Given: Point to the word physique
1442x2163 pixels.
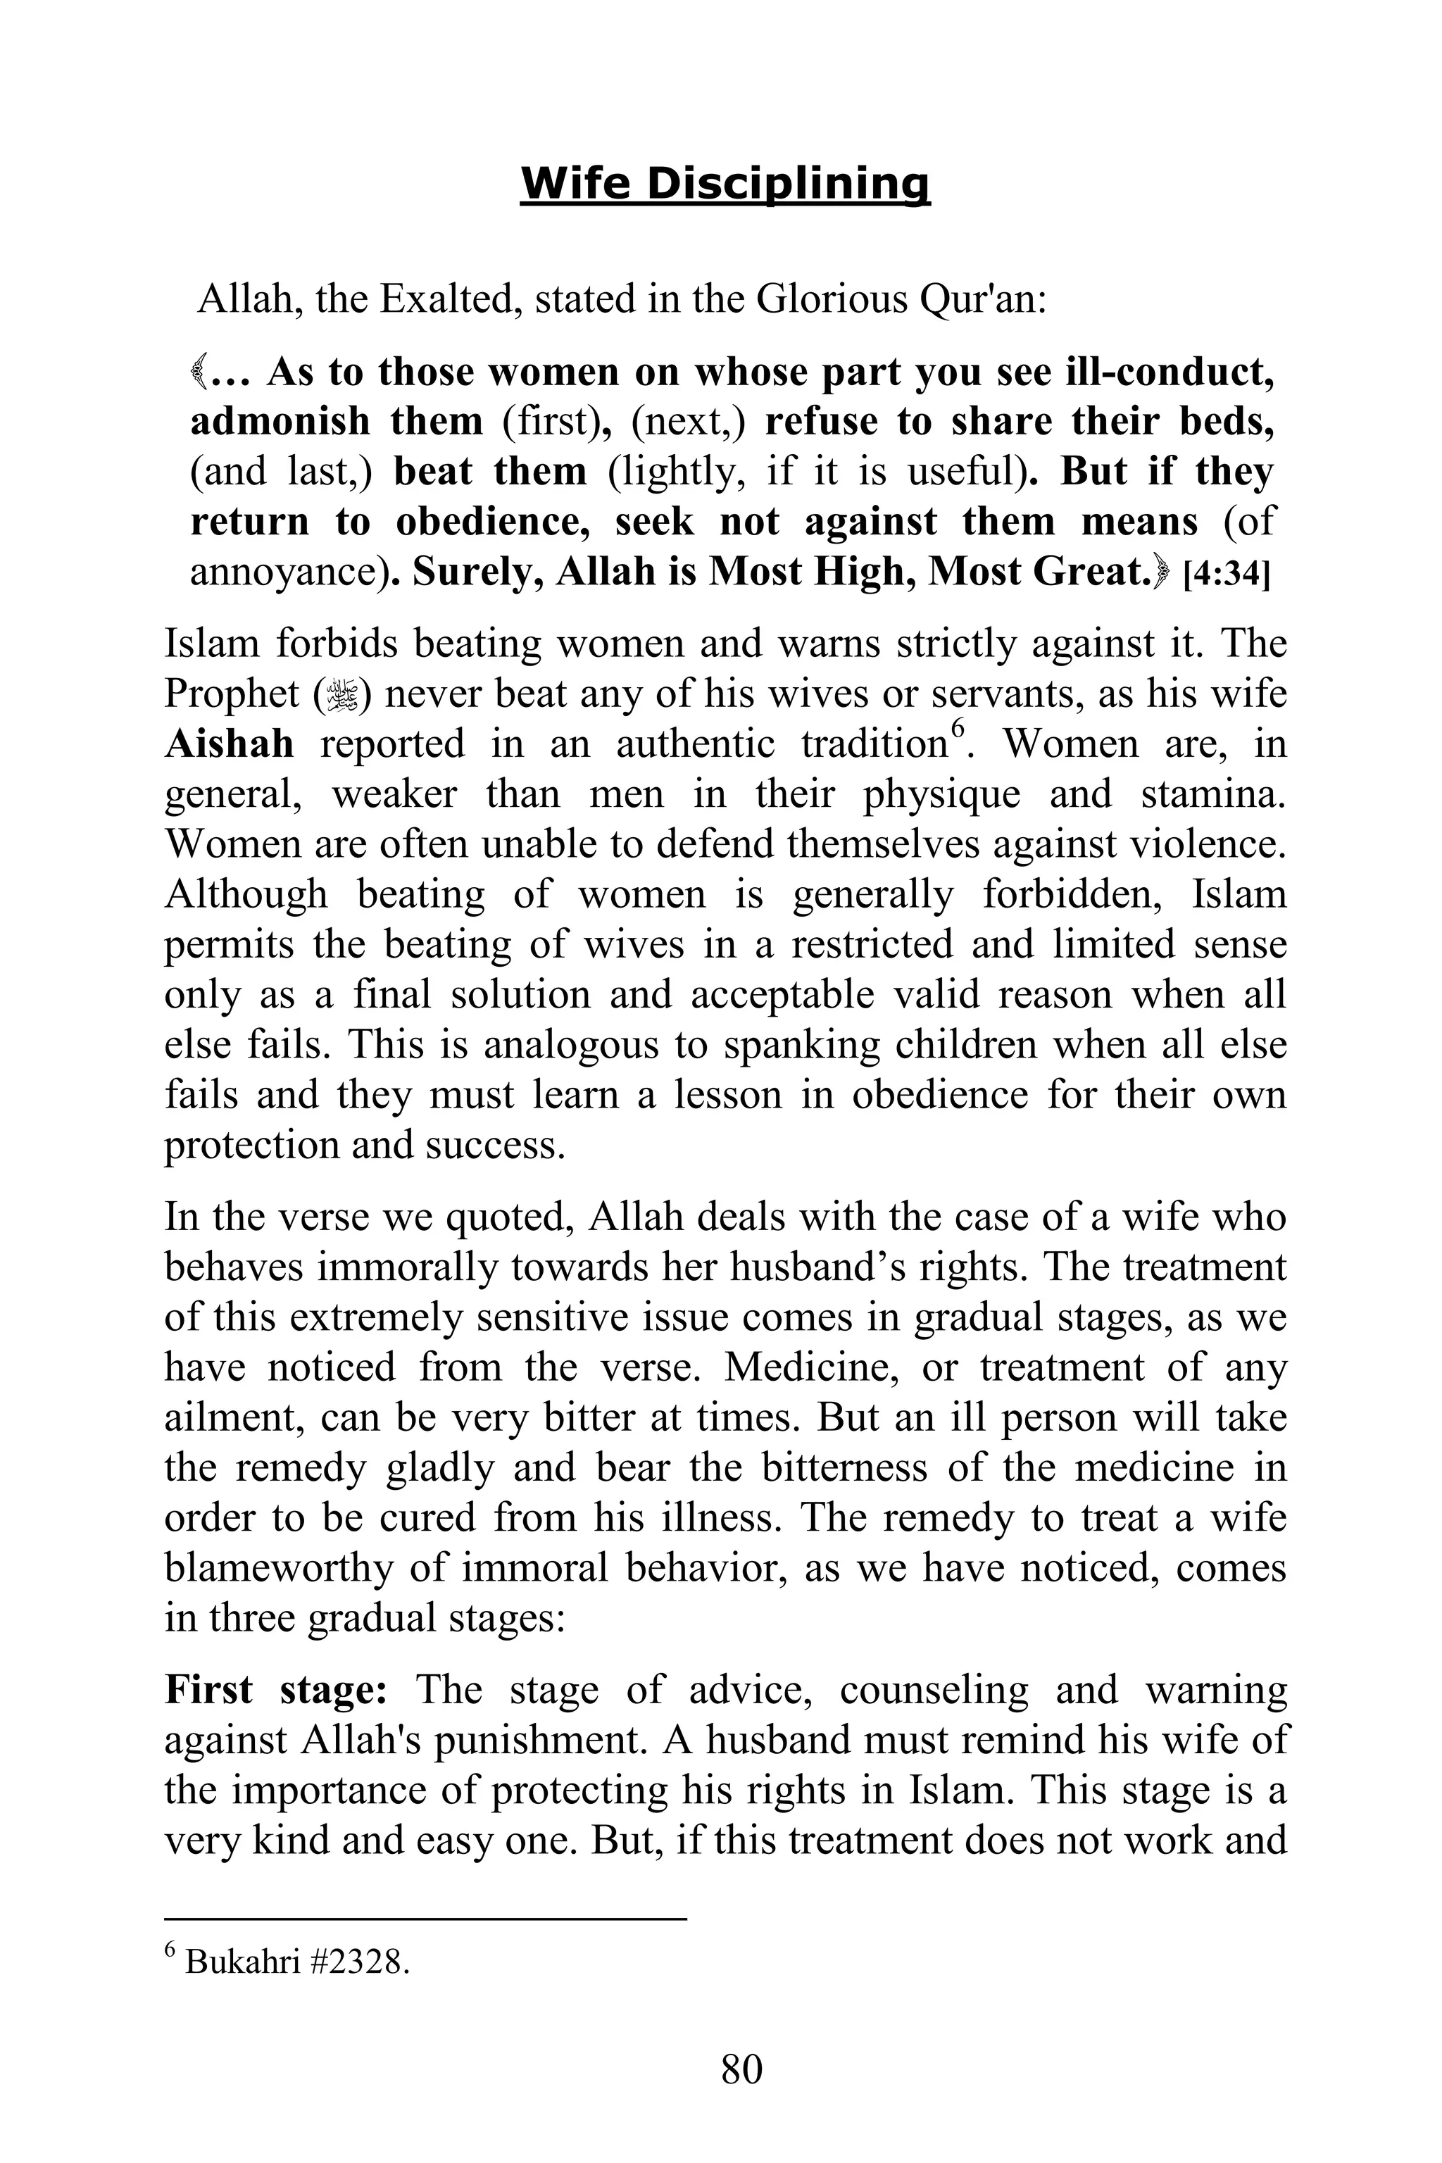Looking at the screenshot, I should pyautogui.click(x=941, y=793).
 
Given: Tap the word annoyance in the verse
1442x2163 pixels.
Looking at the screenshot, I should pyautogui.click(x=286, y=572).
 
